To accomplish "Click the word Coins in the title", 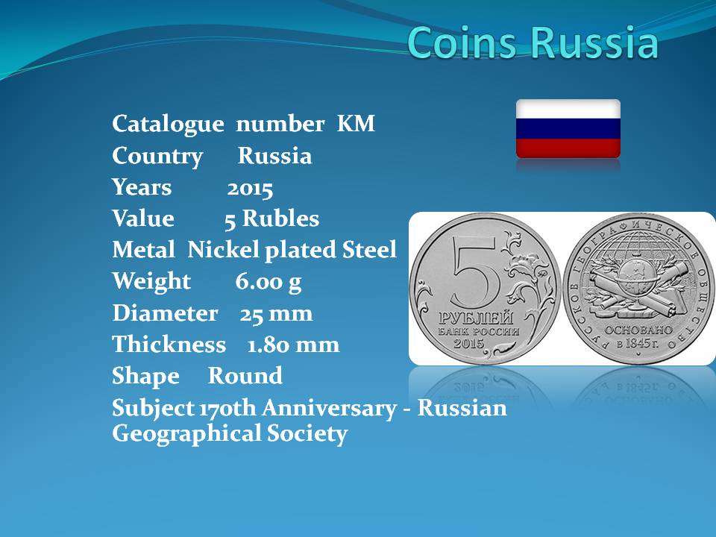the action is coord(463,42).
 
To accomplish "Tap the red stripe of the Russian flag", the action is coord(568,148).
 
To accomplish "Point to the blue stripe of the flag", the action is coord(568,129).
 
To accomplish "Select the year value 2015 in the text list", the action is coord(250,189).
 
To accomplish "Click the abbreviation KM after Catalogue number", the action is coord(356,123).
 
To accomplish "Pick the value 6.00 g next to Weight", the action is coord(268,281).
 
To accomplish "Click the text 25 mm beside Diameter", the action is coord(276,314).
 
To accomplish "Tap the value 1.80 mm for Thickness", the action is coord(293,345).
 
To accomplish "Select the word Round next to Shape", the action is coord(245,376).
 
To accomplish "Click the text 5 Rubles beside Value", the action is coord(271,219).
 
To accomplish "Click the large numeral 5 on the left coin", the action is coord(476,272).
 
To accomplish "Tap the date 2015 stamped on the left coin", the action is coord(468,342).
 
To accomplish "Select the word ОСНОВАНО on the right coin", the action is coord(638,330).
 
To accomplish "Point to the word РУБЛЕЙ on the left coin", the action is coord(477,318).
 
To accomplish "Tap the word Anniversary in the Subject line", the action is coord(329,408).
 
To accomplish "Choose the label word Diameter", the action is coord(165,313).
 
